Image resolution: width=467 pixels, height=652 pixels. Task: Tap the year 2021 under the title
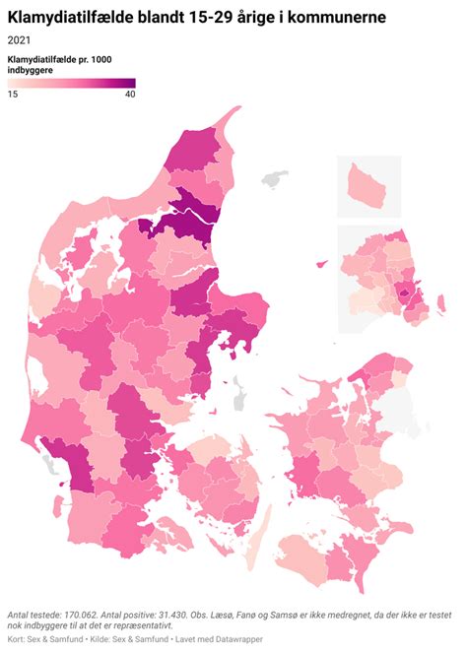click(x=20, y=40)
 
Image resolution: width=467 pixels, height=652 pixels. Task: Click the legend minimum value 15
click(x=14, y=95)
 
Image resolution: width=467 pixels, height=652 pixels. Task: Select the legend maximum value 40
click(x=128, y=95)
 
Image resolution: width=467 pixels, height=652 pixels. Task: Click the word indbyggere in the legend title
click(x=33, y=71)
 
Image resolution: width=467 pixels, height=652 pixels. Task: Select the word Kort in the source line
click(x=18, y=639)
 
